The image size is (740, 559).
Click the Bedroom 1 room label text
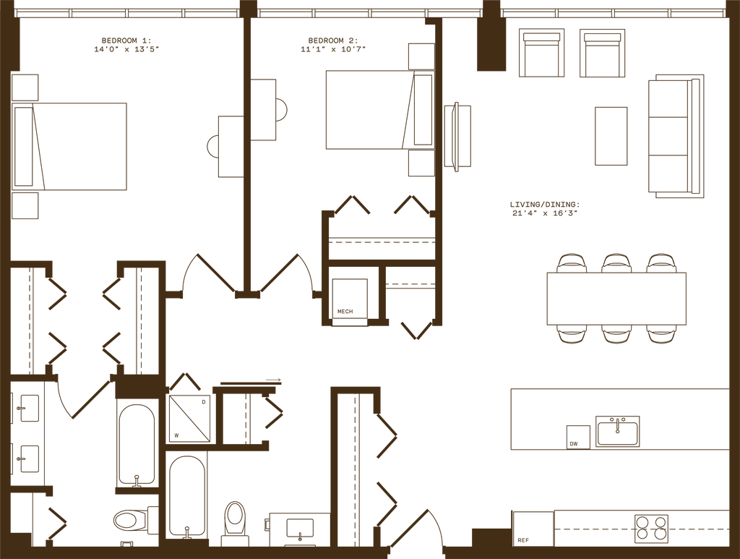point(126,44)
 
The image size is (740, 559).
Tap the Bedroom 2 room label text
point(332,45)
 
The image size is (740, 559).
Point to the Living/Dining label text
point(544,209)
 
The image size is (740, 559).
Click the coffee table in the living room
point(611,136)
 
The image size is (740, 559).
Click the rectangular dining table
point(616,298)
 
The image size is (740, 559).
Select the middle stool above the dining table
point(616,261)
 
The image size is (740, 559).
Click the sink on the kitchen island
point(617,432)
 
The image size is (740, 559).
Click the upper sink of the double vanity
point(29,406)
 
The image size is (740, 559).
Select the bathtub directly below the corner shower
point(186,495)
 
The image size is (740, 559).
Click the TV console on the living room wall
point(457,137)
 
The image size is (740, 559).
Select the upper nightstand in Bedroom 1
point(25,86)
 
